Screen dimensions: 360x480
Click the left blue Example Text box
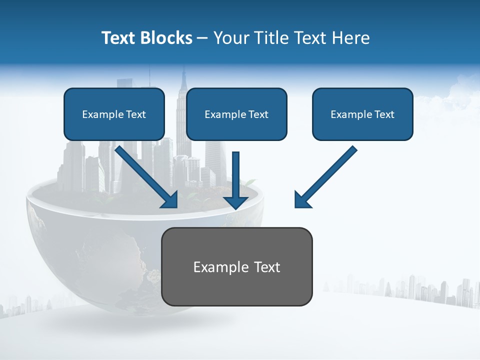(x=114, y=114)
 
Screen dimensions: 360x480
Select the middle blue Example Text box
(x=236, y=114)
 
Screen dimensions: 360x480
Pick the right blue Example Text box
(x=362, y=114)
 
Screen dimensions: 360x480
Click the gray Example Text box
(x=236, y=266)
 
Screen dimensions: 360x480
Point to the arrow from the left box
(x=145, y=175)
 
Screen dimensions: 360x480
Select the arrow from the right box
(x=327, y=175)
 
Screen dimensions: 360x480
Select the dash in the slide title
(x=202, y=38)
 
